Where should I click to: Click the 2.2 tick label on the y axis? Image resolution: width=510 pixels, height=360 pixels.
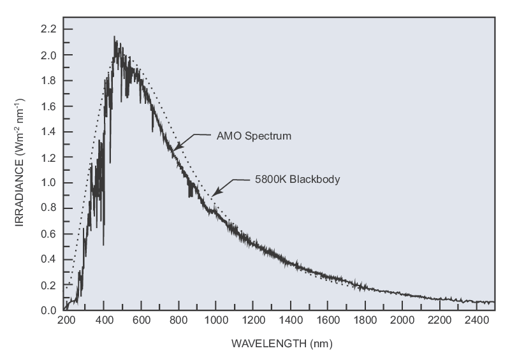click(x=48, y=29)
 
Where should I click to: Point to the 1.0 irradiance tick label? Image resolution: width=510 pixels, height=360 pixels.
click(x=48, y=183)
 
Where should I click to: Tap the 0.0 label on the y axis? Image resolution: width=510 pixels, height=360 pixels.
click(x=48, y=310)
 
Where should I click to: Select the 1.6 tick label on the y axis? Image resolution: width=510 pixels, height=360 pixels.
click(x=48, y=106)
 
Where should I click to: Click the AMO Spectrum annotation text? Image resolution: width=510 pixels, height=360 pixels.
click(x=244, y=136)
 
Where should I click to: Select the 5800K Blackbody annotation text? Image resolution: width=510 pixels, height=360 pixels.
click(x=288, y=180)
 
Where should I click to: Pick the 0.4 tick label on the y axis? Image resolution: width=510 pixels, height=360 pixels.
click(x=48, y=259)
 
